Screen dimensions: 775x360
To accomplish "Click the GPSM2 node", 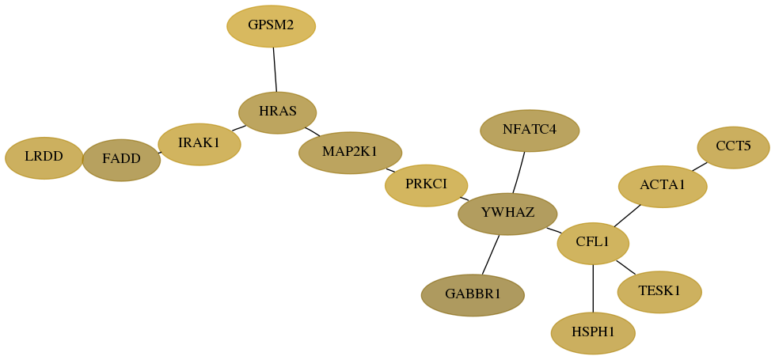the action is [x=271, y=26].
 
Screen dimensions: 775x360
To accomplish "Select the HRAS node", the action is [x=277, y=112].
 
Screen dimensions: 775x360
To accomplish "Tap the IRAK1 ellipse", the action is [x=199, y=144].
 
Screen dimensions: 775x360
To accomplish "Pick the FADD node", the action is [x=122, y=160].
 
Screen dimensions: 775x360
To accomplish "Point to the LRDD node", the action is [x=44, y=158].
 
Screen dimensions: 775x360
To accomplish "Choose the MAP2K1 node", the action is [x=350, y=153].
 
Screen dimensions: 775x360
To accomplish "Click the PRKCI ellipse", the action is [x=426, y=185].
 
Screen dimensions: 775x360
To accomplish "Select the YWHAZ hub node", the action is [x=507, y=214].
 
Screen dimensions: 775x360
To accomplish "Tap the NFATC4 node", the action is [x=530, y=131].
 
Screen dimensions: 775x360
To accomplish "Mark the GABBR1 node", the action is [x=473, y=295].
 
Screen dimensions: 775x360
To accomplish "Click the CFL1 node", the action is [x=593, y=243].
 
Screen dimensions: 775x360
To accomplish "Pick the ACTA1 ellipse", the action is [x=663, y=186].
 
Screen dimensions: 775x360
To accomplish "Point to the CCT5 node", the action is [x=734, y=147].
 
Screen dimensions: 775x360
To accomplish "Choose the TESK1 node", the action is [x=659, y=292].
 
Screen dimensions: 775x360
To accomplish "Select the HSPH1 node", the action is [x=593, y=333].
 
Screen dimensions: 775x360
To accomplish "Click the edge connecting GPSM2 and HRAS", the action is [x=275, y=70].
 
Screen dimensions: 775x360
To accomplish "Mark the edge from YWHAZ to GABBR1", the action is [x=490, y=254].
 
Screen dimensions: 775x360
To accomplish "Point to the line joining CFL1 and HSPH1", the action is [x=593, y=288].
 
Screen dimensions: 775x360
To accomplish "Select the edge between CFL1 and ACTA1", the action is [x=627, y=216].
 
